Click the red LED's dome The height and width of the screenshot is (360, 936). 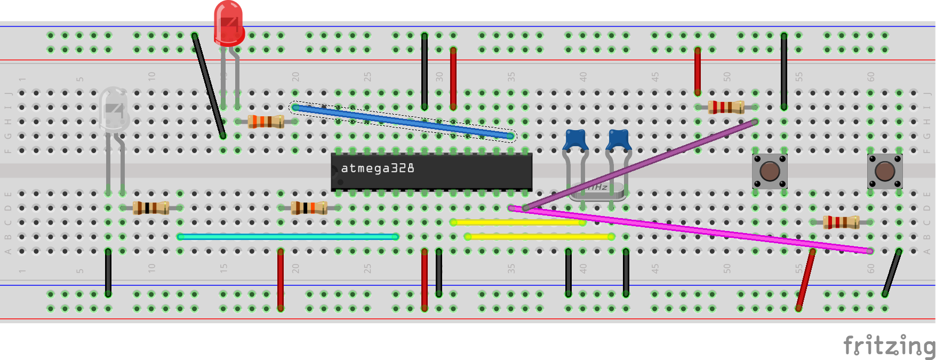[x=229, y=21]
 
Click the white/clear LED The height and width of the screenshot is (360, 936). [x=114, y=109]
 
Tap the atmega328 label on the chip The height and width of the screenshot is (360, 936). [x=377, y=169]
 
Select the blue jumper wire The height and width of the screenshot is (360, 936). [x=403, y=122]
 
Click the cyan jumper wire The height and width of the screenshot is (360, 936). [x=288, y=236]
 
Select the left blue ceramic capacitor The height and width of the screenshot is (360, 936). [x=575, y=140]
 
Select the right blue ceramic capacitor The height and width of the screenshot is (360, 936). [x=619, y=140]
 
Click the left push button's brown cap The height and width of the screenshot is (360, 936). [x=770, y=172]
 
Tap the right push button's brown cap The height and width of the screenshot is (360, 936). [x=885, y=172]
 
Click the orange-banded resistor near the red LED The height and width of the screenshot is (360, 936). [x=266, y=122]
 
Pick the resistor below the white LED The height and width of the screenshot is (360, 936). [x=151, y=207]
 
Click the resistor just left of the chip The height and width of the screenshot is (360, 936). [x=309, y=207]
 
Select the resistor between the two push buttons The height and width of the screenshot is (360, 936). [x=841, y=222]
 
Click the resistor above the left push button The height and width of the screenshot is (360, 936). [x=726, y=107]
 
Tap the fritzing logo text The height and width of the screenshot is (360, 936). [x=888, y=346]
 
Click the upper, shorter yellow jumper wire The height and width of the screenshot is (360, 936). [x=517, y=222]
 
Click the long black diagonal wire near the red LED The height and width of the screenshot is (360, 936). [x=209, y=85]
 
